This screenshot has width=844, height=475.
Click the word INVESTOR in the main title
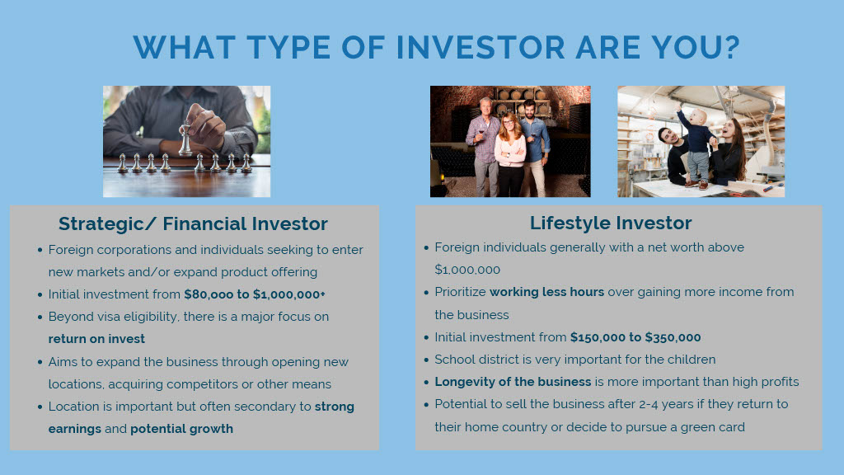pos(481,47)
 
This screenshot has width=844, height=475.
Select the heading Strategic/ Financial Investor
pos(193,223)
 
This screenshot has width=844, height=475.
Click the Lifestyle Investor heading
pos(611,223)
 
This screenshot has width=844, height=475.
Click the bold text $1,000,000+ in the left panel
pos(289,294)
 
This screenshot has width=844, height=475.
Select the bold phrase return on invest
pos(97,339)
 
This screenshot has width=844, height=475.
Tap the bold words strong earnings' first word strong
pos(335,407)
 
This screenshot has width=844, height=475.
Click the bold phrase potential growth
pos(182,429)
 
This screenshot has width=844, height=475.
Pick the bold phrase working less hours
pos(547,292)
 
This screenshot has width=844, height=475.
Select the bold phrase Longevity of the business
pos(513,382)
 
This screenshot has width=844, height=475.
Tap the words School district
pos(474,360)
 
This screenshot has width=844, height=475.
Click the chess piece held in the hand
pos(185,139)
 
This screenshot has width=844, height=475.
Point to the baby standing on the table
pos(696,147)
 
